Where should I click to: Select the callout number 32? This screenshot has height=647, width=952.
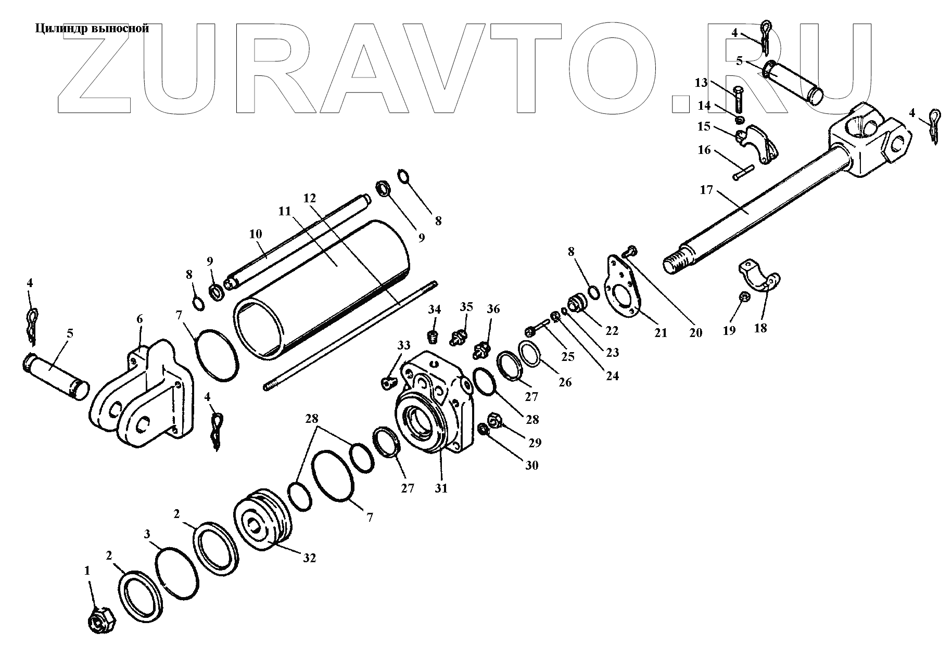click(309, 558)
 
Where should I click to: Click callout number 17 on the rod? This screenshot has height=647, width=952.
click(706, 190)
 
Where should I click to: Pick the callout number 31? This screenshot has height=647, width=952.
click(441, 489)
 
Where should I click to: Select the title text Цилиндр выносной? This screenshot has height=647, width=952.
click(92, 29)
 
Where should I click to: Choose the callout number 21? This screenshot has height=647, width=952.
click(661, 333)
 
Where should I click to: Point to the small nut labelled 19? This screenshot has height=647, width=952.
click(744, 298)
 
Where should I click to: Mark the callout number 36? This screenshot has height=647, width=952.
click(493, 309)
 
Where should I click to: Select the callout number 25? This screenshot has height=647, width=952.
click(568, 357)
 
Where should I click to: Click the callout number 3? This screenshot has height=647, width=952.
click(147, 534)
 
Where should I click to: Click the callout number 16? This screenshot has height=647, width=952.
click(704, 150)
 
